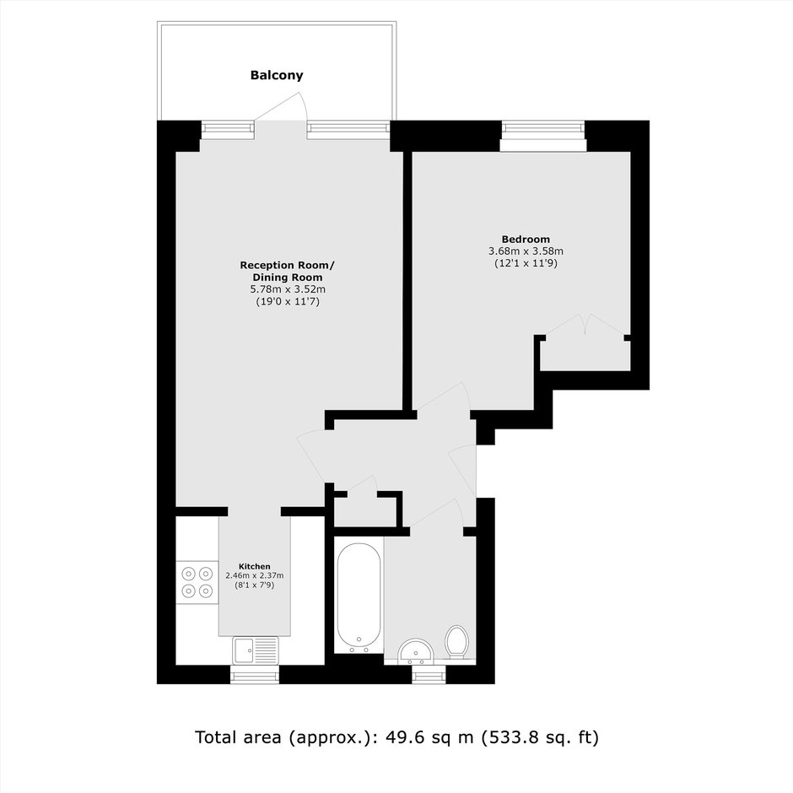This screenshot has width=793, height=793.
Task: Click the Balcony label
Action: (277, 75)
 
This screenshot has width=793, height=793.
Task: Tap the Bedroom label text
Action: (526, 240)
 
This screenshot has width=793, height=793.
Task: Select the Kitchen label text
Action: (255, 566)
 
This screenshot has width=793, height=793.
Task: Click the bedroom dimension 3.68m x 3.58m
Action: (526, 251)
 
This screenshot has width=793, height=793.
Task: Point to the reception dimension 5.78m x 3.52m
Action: (288, 289)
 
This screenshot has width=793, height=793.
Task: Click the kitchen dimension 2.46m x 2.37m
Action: (255, 575)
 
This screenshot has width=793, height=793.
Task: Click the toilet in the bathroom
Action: (456, 642)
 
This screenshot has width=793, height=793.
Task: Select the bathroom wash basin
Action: (416, 652)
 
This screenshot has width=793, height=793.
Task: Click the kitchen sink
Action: (256, 650)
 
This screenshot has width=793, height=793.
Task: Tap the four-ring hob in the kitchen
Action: (197, 582)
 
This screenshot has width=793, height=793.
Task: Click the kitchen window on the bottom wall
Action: (255, 675)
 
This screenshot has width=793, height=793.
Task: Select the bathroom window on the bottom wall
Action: (429, 675)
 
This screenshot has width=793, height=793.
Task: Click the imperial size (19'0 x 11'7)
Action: (288, 302)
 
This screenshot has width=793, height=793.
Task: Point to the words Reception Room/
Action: (288, 265)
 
